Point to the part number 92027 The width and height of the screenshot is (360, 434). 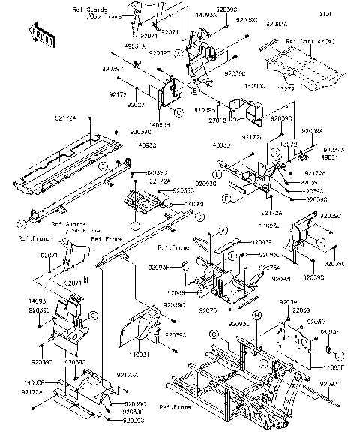135,104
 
